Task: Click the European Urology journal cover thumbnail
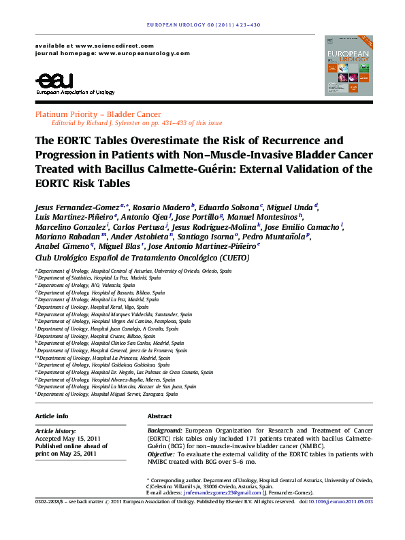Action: pyautogui.click(x=349, y=65)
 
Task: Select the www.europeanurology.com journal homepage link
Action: pyautogui.click(x=144, y=53)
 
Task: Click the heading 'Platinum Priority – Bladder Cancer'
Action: pyautogui.click(x=99, y=114)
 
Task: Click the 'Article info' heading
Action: pyautogui.click(x=52, y=416)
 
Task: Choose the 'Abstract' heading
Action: pyautogui.click(x=160, y=416)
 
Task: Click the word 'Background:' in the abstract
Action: pyautogui.click(x=165, y=431)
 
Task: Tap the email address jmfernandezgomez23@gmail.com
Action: pyautogui.click(x=214, y=492)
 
